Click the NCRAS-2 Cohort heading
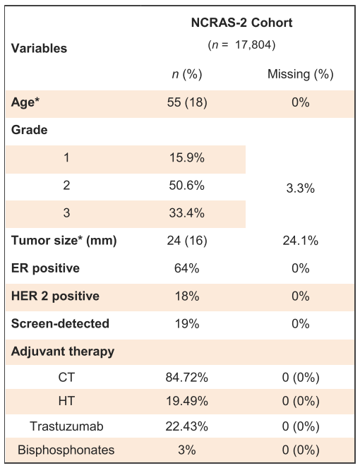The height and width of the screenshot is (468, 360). coord(241,23)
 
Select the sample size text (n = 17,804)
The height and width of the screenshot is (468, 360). coord(241,44)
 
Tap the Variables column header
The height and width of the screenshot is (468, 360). coord(39,48)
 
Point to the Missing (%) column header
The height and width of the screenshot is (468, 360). coord(300,74)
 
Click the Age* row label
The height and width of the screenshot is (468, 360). coord(25,102)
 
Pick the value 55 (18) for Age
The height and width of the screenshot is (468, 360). coord(187,102)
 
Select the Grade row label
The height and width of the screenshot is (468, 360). coord(29,130)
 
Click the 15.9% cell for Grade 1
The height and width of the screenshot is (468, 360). coord(187,157)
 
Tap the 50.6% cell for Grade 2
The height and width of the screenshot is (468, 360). coord(187,186)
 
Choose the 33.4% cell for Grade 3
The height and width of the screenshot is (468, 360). coord(187,213)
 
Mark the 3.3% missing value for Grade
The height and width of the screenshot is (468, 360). coord(300,188)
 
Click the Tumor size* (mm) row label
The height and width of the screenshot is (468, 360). coord(64,241)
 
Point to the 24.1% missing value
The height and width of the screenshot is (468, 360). coord(300,241)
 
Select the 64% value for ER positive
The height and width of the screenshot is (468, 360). coord(187,268)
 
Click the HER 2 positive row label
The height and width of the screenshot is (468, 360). coord(55,296)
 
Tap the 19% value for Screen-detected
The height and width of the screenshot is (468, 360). coord(187,324)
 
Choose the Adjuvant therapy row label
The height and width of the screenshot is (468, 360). coord(63,352)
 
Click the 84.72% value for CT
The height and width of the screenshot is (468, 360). coord(187,378)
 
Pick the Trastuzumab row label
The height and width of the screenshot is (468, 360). coord(66,426)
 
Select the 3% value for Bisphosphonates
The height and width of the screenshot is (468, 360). coord(187,450)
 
